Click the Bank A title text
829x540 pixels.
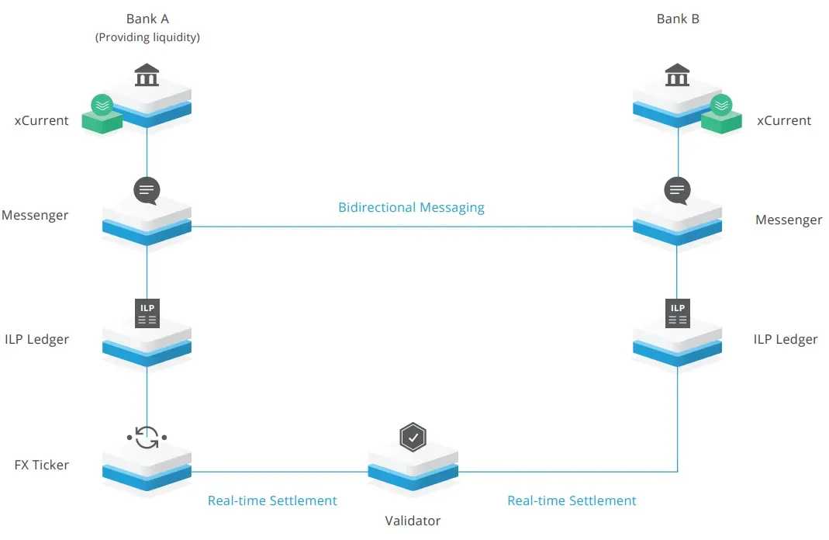[x=147, y=19]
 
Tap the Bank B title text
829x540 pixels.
[x=678, y=19]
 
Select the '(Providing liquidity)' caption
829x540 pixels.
[x=147, y=37]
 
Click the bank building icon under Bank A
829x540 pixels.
[x=147, y=76]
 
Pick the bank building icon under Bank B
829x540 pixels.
[x=678, y=76]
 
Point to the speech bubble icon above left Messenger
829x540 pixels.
[x=147, y=190]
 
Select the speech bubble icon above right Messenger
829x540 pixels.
[x=678, y=190]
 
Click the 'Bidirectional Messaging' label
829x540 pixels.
[x=411, y=207]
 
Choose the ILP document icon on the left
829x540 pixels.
[x=147, y=312]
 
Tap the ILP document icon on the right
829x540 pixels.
[x=678, y=312]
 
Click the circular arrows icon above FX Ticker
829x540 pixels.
[x=147, y=438]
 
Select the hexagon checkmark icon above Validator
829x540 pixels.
[x=413, y=438]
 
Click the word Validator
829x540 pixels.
[x=413, y=521]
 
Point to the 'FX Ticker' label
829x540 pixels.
[x=41, y=465]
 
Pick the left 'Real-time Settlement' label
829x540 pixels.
[x=272, y=500]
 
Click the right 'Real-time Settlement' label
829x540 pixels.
[x=572, y=500]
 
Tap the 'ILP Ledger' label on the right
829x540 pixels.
[x=786, y=339]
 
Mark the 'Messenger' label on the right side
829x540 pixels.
[x=789, y=220]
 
